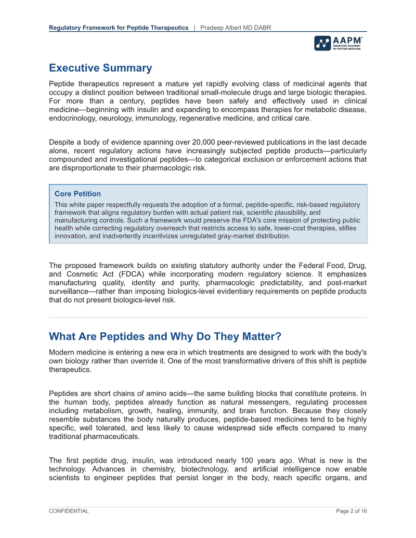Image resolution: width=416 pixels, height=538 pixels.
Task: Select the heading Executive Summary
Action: coord(100,68)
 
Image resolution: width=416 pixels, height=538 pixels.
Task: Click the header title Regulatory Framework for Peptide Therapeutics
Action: coord(119,27)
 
